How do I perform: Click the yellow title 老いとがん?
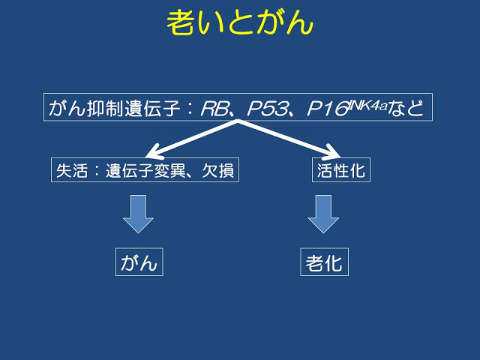click(x=240, y=22)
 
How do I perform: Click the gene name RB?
click(x=215, y=108)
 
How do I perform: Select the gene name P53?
click(x=268, y=108)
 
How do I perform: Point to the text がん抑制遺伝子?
click(x=114, y=108)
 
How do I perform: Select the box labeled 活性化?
click(x=341, y=170)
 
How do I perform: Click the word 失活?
click(x=72, y=170)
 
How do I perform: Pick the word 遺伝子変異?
click(x=145, y=170)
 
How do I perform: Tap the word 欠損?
click(x=218, y=170)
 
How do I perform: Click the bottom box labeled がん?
click(x=139, y=262)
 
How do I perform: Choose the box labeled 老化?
click(x=324, y=262)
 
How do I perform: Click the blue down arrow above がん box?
click(x=138, y=214)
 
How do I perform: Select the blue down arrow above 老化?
click(x=323, y=214)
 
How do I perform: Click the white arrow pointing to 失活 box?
click(x=192, y=139)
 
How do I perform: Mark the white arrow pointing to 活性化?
click(x=289, y=139)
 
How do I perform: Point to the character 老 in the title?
click(x=180, y=22)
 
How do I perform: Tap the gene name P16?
click(x=327, y=109)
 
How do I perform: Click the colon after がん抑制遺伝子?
click(x=190, y=109)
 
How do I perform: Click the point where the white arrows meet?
click(x=238, y=121)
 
